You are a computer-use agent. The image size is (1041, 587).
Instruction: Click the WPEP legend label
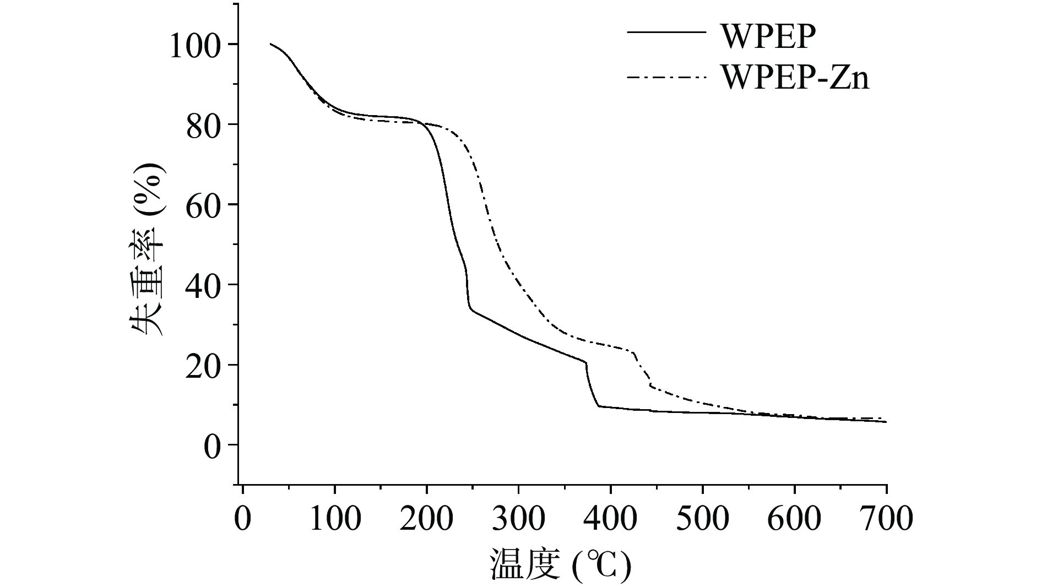pyautogui.click(x=768, y=36)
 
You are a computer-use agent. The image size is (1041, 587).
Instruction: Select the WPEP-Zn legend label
pyautogui.click(x=795, y=78)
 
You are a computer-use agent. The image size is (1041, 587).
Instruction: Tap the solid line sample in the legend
pyautogui.click(x=666, y=32)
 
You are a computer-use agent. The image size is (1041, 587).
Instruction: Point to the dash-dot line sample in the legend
pyautogui.click(x=666, y=78)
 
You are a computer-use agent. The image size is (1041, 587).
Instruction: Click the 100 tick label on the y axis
pyautogui.click(x=196, y=45)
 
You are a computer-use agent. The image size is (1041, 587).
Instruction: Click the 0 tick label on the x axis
pyautogui.click(x=243, y=519)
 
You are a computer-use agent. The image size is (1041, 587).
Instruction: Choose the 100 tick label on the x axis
pyautogui.click(x=335, y=519)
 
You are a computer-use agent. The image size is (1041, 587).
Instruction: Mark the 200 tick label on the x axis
pyautogui.click(x=427, y=519)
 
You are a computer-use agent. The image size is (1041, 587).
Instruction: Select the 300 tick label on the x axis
pyautogui.click(x=519, y=519)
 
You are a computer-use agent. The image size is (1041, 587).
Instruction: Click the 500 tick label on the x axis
pyautogui.click(x=703, y=519)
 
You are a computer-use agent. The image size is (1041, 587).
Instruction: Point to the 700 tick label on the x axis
pyautogui.click(x=886, y=519)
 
